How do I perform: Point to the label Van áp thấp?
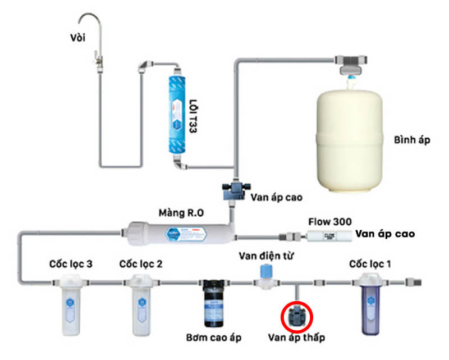[296, 338]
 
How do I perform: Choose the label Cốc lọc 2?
[140, 263]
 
